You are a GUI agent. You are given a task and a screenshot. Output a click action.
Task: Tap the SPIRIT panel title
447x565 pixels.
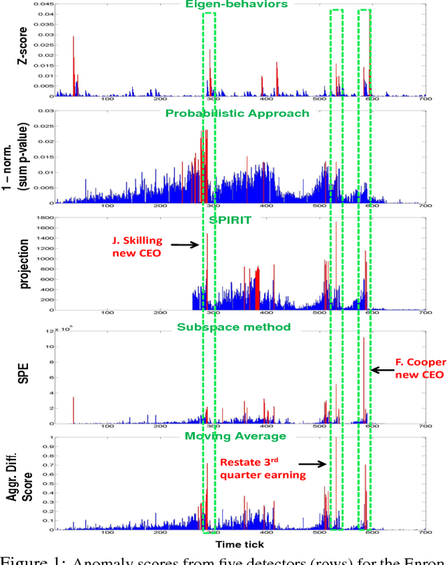(235, 220)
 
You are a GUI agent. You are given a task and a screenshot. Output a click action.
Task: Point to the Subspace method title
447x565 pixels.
(235, 327)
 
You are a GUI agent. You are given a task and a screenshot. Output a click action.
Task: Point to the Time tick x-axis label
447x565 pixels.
(240, 543)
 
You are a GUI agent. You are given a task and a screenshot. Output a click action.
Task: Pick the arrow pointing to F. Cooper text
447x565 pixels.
(381, 370)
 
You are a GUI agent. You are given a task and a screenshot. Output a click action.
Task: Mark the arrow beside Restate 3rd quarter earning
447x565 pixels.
(313, 463)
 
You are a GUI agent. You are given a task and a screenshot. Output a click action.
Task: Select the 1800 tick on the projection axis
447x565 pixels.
(45, 219)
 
